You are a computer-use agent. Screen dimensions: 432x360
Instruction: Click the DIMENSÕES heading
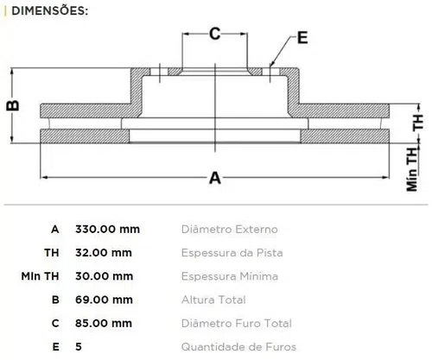[x=49, y=11]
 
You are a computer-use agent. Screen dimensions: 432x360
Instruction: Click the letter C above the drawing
[x=215, y=34]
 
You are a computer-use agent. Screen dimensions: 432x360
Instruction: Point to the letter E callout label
[x=302, y=38]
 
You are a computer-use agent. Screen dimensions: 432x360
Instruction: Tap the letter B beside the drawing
[x=13, y=105]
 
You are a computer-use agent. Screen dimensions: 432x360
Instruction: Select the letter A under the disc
[x=215, y=178]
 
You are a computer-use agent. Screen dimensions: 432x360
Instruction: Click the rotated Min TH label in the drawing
[x=412, y=169]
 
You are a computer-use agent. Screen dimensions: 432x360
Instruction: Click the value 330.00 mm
[x=107, y=230]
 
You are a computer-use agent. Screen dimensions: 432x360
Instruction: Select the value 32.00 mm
[x=104, y=253]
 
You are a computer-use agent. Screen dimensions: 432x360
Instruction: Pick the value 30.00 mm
[x=104, y=276]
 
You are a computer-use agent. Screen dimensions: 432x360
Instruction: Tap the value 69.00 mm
[x=104, y=300]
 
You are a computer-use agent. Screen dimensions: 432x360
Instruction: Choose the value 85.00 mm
[x=104, y=324]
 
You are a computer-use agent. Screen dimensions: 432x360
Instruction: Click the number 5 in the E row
[x=79, y=347]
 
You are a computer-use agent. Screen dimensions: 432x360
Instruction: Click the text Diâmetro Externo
[x=230, y=230]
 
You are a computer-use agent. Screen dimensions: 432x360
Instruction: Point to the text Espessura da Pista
[x=232, y=253]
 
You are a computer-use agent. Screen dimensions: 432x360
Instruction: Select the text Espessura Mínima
[x=230, y=276]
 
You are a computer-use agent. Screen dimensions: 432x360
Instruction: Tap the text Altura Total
[x=213, y=300]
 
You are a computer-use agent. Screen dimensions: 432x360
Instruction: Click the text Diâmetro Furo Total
[x=237, y=324]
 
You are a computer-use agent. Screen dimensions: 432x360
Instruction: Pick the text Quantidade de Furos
[x=238, y=347]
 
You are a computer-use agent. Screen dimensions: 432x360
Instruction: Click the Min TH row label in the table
[x=40, y=276]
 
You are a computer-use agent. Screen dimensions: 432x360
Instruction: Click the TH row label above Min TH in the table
[x=52, y=253]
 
